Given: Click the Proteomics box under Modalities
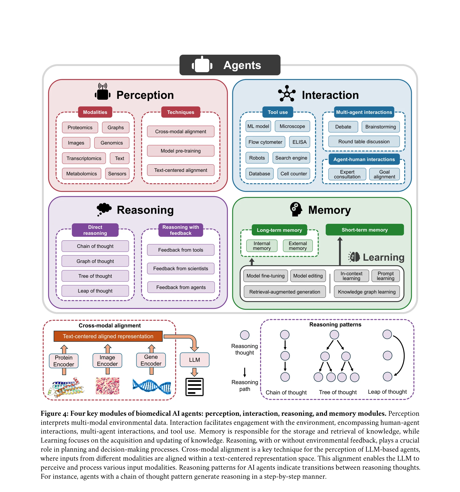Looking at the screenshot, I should click(80, 127).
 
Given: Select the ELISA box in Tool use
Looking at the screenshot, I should click(299, 142).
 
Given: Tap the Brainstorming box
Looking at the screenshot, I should click(380, 127).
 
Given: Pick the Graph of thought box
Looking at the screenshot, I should click(95, 261).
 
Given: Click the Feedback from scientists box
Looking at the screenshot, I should click(180, 268).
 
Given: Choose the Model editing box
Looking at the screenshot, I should click(308, 276).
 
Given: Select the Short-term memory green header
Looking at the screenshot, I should click(365, 230).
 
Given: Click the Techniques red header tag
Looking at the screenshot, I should click(180, 112).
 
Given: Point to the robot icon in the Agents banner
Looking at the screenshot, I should click(202, 65).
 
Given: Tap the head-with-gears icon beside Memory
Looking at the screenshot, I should click(296, 209).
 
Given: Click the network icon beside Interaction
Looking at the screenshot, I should click(287, 94).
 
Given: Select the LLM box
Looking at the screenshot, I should click(194, 360).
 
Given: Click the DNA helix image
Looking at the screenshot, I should click(152, 386).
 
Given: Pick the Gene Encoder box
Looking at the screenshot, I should click(151, 360).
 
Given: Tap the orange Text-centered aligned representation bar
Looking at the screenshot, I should click(108, 336).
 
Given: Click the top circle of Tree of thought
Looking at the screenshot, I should click(334, 334).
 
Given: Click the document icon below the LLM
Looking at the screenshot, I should click(194, 387).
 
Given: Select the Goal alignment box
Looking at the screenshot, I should click(384, 174).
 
